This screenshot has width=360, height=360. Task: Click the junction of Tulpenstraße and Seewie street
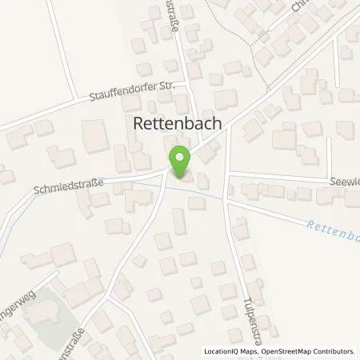[x=228, y=174]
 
